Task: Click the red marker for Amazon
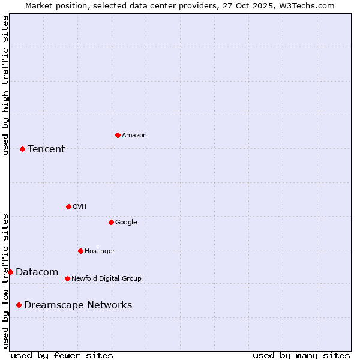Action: [118, 135]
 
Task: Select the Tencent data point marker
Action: [22, 149]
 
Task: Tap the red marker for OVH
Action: [68, 206]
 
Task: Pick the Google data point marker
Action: [111, 222]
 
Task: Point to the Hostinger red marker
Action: [80, 251]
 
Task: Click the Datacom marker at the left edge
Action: [10, 272]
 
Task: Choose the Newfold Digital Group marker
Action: [67, 278]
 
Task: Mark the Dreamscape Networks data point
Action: [19, 305]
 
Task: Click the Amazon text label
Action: [134, 136]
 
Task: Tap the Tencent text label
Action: [46, 149]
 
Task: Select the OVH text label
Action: [80, 207]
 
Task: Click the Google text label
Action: [126, 223]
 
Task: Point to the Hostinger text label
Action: [100, 251]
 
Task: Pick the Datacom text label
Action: [37, 272]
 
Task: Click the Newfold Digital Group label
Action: [106, 279]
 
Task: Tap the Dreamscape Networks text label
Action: [78, 305]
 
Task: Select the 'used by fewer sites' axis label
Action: [62, 355]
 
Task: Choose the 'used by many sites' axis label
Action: [301, 355]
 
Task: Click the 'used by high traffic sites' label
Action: [5, 85]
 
